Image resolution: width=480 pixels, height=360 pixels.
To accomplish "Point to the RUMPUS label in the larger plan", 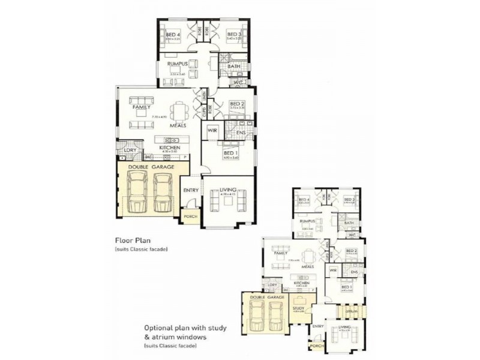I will point(179,64).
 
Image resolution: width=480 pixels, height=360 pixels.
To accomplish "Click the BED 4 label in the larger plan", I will point(173,35).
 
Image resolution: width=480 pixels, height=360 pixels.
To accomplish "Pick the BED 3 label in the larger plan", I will point(234,35).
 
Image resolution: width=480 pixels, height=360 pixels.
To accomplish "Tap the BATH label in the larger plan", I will point(242,66).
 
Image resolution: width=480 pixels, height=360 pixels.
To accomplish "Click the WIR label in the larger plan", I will point(212,130).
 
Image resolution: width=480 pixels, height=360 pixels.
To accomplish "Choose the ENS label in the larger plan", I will point(241,132).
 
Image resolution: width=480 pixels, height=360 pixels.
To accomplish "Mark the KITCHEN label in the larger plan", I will point(169,147).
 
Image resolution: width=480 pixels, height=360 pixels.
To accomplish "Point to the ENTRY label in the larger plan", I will point(191,190).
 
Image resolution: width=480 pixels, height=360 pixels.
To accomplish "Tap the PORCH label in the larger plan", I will point(191,217).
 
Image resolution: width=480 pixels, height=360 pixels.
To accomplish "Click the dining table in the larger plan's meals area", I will point(179,112).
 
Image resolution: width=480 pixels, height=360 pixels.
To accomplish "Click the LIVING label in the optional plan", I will point(344,327).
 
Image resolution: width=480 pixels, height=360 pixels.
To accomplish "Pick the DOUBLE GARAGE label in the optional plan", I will point(266,297).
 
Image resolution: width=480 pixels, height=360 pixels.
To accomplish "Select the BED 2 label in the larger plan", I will point(238,103).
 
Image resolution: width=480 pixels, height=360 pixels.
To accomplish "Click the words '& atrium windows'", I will point(175,338).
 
